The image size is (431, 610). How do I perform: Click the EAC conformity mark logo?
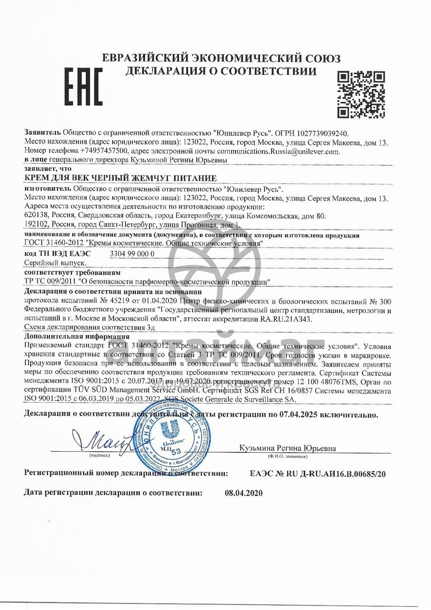click(x=83, y=86)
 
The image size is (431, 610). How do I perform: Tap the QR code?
click(x=361, y=94)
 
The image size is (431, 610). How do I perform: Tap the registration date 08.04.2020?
click(x=244, y=493)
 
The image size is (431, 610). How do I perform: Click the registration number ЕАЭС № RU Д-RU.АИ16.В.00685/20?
click(x=318, y=474)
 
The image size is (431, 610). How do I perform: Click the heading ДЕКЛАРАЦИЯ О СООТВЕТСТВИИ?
click(x=221, y=72)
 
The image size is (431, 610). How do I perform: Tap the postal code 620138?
click(x=36, y=216)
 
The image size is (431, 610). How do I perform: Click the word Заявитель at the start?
click(x=43, y=133)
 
